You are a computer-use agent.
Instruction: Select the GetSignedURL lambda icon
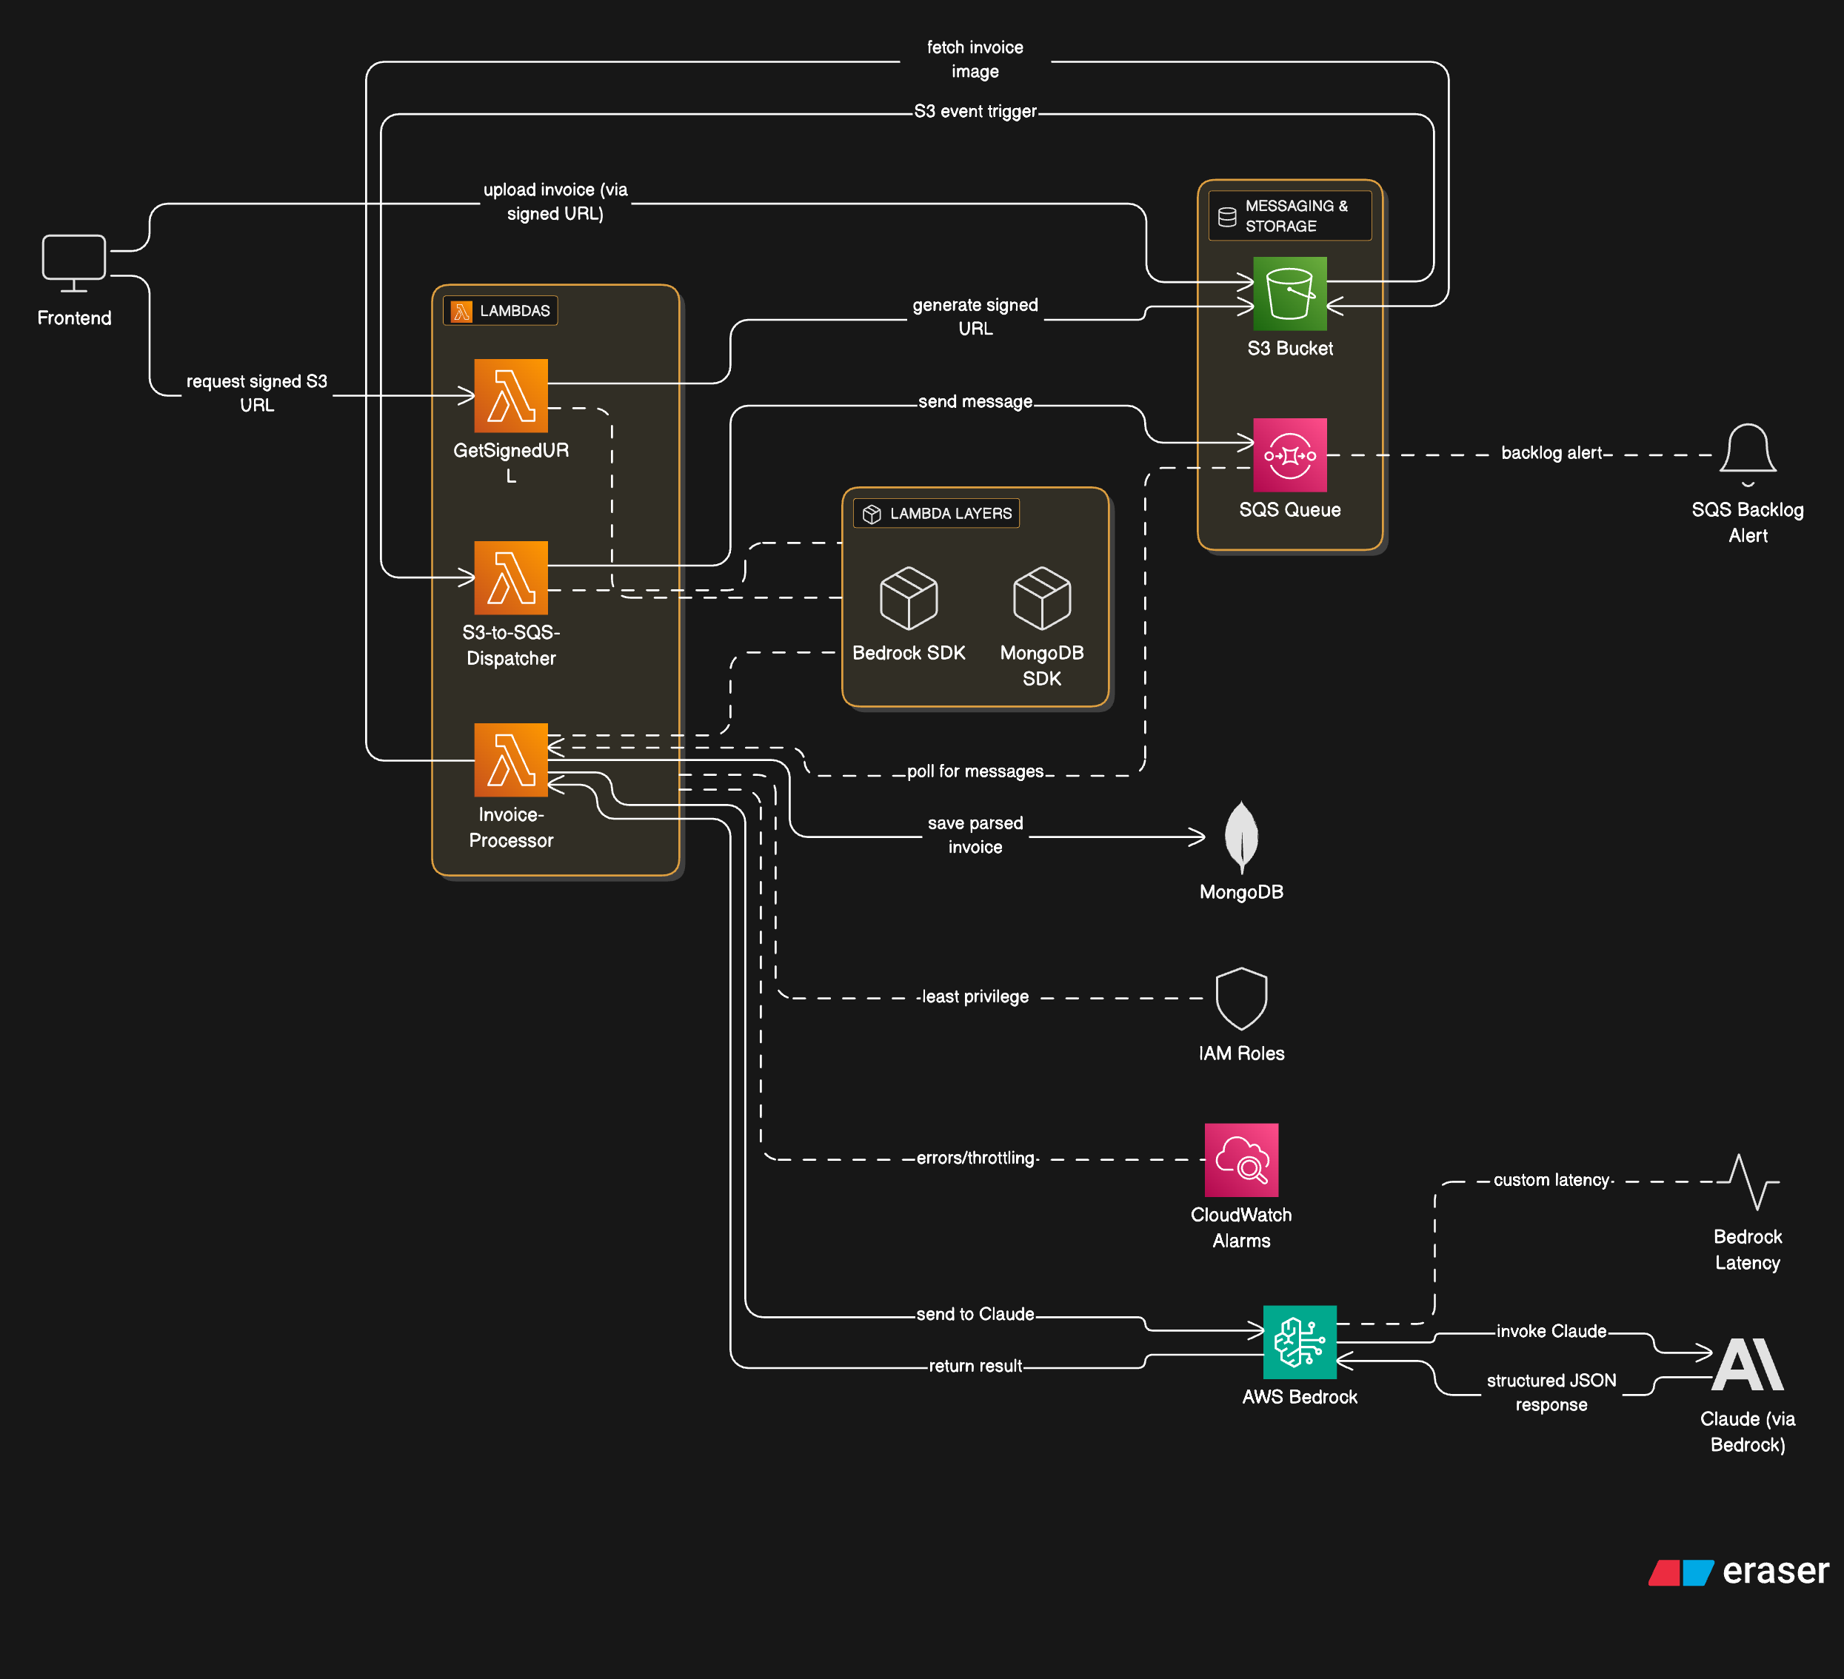510,395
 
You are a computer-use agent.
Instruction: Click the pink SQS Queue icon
1290,455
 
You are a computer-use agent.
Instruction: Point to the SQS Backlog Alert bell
1747,450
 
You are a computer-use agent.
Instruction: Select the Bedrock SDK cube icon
908,598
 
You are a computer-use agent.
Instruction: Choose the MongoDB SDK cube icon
1042,598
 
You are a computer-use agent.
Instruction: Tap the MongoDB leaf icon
1241,836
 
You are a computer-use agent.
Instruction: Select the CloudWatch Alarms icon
1241,1159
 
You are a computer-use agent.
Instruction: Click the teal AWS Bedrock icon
1299,1341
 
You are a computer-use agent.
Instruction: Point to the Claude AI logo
1747,1364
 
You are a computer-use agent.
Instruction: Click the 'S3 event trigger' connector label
975,112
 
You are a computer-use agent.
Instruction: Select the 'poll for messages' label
975,771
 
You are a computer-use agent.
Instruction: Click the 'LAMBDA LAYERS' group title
950,513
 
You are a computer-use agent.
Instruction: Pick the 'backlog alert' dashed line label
1551,452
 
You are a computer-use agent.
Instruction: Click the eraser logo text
1774,1570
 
